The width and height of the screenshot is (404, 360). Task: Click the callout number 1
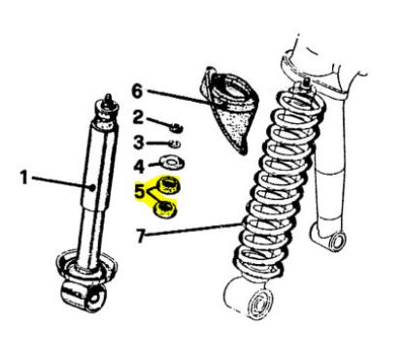pos(24,178)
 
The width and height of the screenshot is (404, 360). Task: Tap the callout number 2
pos(138,117)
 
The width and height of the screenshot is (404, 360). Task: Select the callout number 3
pos(139,143)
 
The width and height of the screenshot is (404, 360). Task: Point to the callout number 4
pos(139,166)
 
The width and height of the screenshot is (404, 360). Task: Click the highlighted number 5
pos(140,191)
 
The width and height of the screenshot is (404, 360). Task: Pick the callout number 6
pos(137,91)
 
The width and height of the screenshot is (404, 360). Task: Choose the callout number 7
pos(141,236)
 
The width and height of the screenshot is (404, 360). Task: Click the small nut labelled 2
pos(177,127)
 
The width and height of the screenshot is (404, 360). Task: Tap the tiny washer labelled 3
pos(176,143)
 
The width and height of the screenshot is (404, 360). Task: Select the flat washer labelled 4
pos(172,163)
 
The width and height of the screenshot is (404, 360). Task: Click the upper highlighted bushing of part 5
pos(168,185)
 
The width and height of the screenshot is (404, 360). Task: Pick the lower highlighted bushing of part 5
pos(165,209)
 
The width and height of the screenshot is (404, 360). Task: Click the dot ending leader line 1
pos(93,187)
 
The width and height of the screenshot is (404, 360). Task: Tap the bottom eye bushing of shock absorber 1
pos(84,295)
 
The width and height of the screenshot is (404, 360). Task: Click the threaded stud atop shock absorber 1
pos(109,100)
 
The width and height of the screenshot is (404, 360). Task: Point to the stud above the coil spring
pos(306,82)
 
